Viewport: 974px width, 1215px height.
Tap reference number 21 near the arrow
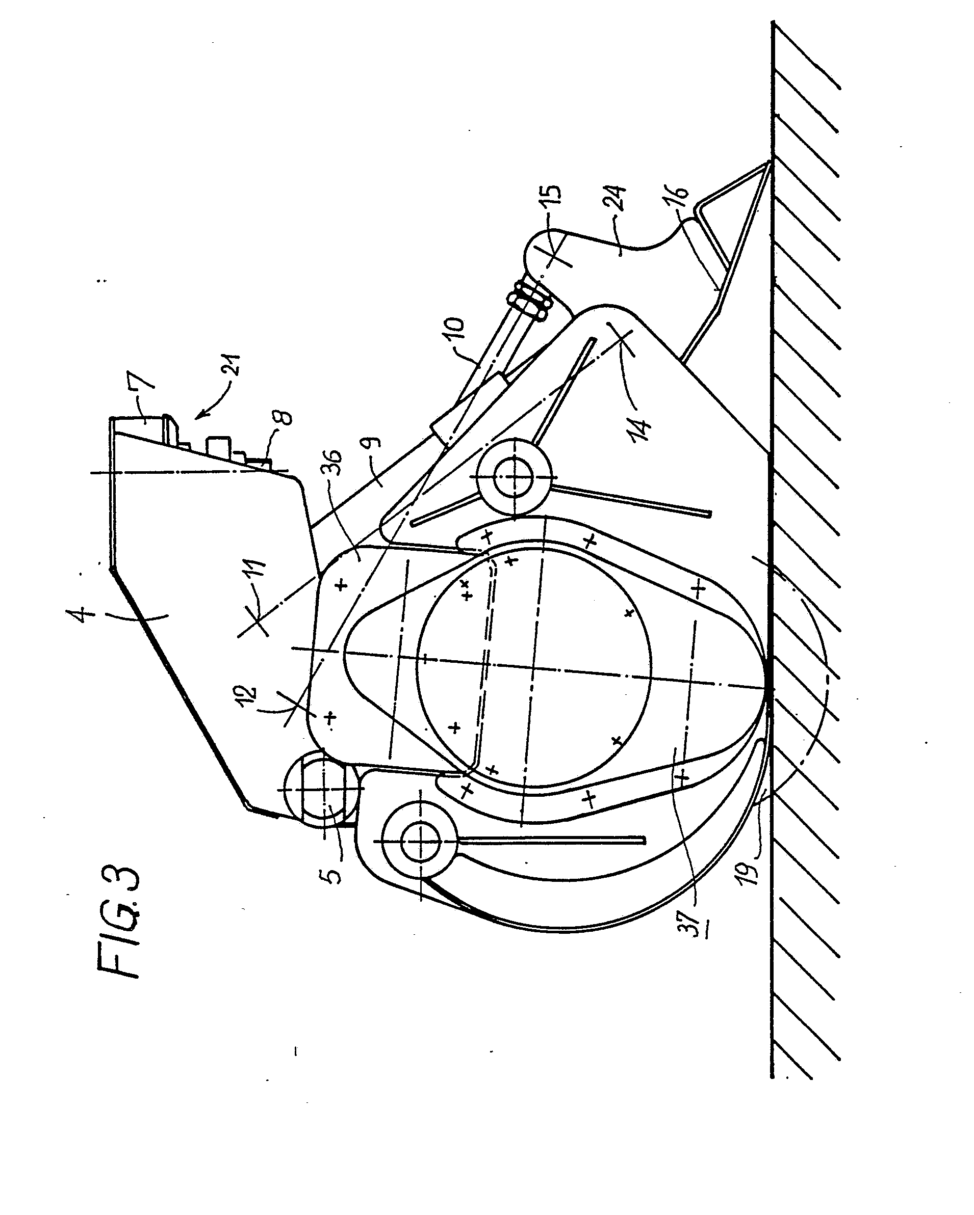[233, 365]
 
